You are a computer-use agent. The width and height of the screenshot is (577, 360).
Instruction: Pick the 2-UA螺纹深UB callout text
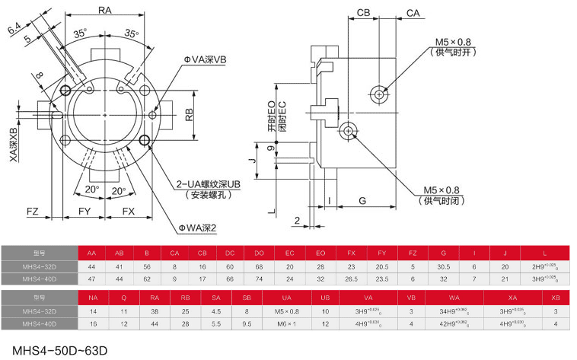(209, 185)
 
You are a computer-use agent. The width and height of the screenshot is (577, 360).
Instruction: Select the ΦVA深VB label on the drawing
(205, 60)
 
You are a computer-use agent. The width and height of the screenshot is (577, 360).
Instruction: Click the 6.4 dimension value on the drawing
(14, 30)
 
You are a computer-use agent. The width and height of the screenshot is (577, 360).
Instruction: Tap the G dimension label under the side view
(362, 201)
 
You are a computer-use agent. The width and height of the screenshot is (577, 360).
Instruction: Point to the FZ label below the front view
(33, 210)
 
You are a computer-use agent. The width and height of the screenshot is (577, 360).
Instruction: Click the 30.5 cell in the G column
(442, 266)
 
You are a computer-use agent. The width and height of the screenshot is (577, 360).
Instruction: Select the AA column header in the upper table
(92, 253)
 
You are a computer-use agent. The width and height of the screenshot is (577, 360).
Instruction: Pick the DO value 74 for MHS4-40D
(259, 279)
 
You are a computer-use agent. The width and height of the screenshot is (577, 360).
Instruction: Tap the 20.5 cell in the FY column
(381, 266)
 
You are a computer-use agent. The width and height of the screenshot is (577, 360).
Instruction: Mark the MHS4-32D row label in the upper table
(39, 266)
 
